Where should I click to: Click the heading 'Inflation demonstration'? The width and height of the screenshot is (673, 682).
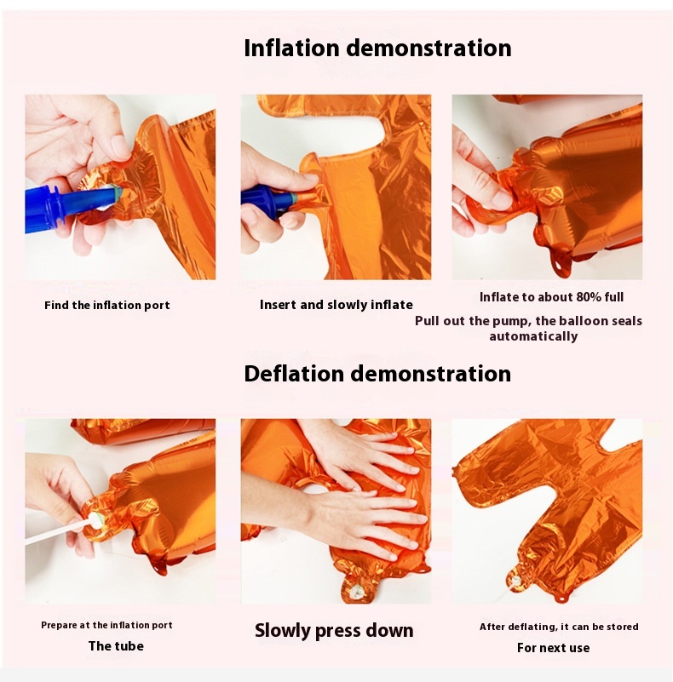(377, 48)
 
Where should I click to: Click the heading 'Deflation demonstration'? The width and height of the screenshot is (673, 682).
(377, 374)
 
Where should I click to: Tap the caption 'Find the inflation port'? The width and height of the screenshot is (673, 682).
(107, 306)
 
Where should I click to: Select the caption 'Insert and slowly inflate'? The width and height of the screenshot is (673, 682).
(336, 305)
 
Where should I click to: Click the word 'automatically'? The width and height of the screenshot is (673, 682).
(533, 336)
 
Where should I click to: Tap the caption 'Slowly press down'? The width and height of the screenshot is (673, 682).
(334, 631)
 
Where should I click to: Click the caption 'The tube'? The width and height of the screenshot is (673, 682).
(116, 646)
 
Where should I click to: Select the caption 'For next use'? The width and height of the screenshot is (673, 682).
(553, 648)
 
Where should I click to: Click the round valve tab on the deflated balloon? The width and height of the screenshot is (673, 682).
(517, 580)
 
